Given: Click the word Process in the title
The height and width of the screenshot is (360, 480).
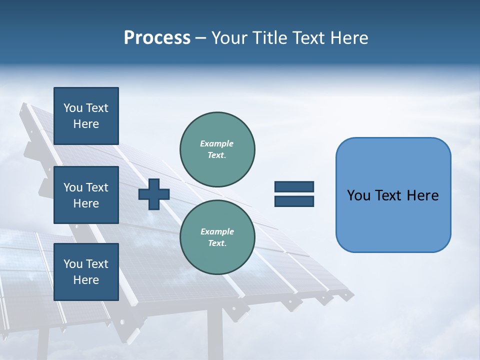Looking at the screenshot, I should click(x=157, y=38).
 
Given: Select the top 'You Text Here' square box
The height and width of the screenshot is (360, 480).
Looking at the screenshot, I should click(x=86, y=116).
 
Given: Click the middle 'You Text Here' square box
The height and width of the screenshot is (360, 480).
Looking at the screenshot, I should click(x=86, y=195).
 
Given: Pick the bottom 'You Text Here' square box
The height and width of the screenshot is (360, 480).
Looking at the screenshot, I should click(x=86, y=271).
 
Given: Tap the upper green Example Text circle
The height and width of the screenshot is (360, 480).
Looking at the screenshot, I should click(x=217, y=149).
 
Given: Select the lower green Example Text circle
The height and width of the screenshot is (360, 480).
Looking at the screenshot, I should click(x=217, y=237).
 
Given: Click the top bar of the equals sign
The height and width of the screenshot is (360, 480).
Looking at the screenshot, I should click(x=294, y=187).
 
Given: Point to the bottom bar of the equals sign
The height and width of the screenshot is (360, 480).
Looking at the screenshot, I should click(x=294, y=201).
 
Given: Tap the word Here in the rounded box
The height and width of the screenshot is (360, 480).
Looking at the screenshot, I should click(x=422, y=195).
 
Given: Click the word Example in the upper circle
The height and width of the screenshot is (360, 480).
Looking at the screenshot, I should click(x=217, y=143).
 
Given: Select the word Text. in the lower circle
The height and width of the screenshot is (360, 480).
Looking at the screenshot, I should click(x=217, y=243).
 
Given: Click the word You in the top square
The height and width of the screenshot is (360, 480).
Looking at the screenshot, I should click(x=73, y=108).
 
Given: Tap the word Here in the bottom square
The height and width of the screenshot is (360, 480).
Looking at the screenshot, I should click(x=86, y=280).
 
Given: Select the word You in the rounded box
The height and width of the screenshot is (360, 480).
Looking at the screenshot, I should click(x=358, y=195).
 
